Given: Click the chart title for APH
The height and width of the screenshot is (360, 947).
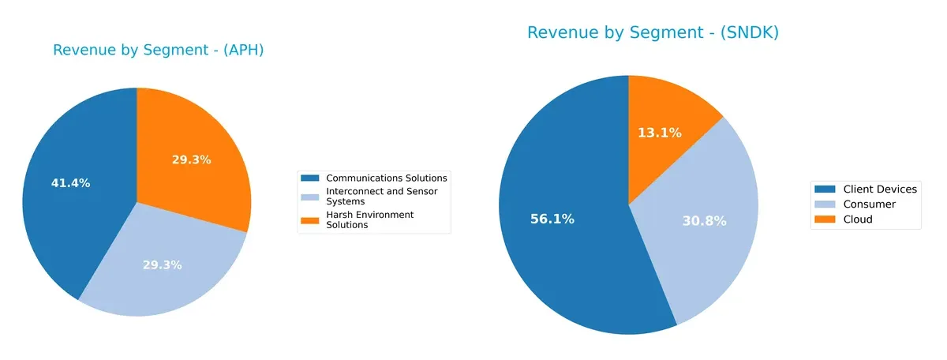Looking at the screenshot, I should [x=158, y=50].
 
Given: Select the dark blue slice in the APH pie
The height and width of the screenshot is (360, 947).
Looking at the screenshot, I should [x=67, y=205].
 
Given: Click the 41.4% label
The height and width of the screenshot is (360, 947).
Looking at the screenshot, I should [x=71, y=183].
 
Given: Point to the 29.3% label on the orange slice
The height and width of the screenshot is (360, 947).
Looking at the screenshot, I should [x=191, y=159].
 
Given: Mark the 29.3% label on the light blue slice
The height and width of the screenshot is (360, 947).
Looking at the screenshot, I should [x=162, y=264].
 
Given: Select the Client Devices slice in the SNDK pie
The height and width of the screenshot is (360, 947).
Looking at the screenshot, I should [x=552, y=237].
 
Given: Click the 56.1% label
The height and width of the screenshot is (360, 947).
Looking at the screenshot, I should [x=552, y=219].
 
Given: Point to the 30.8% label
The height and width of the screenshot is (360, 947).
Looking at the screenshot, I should [x=704, y=222].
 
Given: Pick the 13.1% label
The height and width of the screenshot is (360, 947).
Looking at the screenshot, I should [x=660, y=133].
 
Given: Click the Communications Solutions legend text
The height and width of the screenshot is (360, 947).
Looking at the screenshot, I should [x=386, y=178].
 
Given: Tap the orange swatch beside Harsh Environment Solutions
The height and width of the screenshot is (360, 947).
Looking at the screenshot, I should [x=310, y=219].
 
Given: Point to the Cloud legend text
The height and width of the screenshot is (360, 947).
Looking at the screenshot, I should [x=858, y=219].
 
